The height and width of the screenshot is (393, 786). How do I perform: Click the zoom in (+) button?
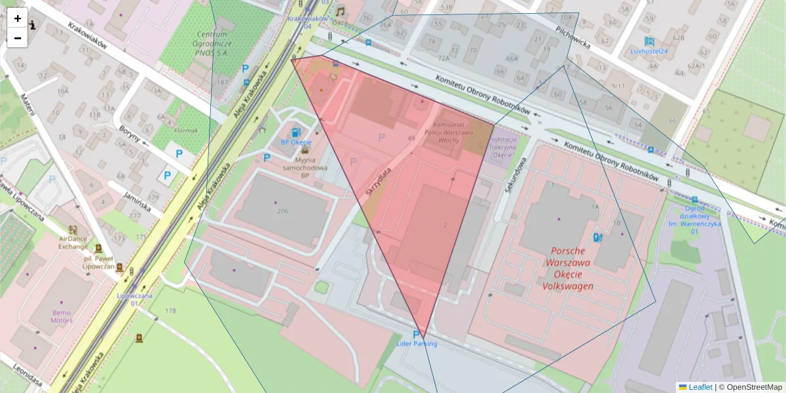pos(18,18)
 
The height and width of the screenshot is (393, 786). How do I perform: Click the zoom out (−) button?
pos(18,38)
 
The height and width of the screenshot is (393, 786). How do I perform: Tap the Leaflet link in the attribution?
pos(700,387)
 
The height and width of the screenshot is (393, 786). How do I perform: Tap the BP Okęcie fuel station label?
pos(296,142)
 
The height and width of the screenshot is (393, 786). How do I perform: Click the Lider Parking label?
pos(417,343)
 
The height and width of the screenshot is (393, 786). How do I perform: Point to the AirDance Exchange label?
pos(73,242)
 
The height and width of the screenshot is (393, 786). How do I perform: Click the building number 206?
pos(283,211)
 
